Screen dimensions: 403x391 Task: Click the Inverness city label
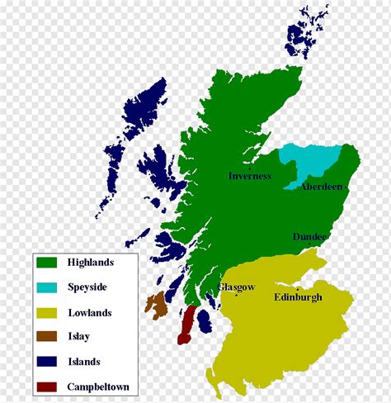tap(249, 176)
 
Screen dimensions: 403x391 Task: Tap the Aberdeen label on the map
tap(321, 187)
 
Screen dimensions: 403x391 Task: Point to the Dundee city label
tap(310, 237)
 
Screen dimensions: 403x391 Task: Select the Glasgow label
tap(236, 287)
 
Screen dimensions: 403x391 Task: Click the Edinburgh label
tap(298, 297)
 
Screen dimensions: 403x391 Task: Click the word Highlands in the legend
tap(91, 263)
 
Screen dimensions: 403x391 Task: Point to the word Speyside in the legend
tap(88, 287)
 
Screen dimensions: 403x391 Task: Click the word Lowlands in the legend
tap(90, 313)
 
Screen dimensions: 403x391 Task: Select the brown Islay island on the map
tap(156, 304)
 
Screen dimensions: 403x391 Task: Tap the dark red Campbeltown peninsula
tap(187, 325)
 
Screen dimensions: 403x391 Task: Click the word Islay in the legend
tap(79, 337)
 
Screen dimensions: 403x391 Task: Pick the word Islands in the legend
tap(84, 362)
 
